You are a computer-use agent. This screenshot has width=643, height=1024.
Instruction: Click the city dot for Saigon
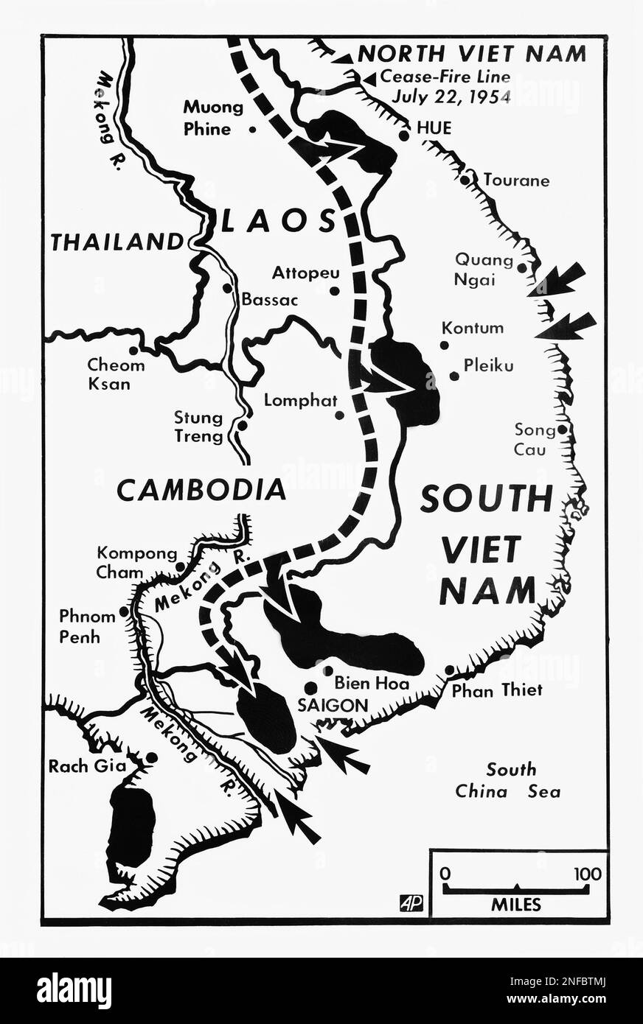[310, 687]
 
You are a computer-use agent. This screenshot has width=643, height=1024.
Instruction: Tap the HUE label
[434, 129]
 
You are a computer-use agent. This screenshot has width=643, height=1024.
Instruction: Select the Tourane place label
[516, 180]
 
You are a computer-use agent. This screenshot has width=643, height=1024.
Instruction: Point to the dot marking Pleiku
[454, 376]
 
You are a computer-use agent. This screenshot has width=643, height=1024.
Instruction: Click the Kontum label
[473, 328]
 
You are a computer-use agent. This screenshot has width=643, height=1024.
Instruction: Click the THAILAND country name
[117, 242]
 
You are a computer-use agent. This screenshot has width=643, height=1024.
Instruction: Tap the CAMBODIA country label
[201, 490]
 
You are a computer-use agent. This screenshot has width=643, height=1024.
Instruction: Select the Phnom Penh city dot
[124, 611]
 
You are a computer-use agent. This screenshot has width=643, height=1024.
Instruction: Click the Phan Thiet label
[497, 690]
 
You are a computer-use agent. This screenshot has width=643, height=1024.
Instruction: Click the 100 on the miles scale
[587, 874]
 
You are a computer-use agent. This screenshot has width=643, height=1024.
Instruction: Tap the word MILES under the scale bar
[516, 905]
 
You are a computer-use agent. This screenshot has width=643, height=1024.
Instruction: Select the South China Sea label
[508, 780]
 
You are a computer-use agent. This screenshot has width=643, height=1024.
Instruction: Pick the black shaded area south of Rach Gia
[131, 824]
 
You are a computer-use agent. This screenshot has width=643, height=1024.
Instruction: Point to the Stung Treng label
[198, 427]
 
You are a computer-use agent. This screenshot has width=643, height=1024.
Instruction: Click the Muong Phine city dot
[253, 129]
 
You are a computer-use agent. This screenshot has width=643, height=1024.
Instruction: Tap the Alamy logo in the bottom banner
[74, 989]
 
